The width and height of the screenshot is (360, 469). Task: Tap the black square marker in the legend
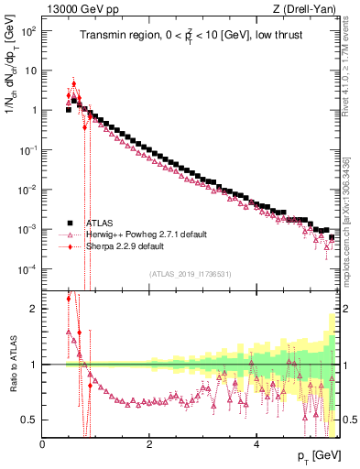click(69, 223)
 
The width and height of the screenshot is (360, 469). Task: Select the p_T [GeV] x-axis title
click(317, 455)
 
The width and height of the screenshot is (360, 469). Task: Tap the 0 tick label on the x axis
click(43, 444)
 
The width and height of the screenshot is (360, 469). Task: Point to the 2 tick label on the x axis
click(149, 444)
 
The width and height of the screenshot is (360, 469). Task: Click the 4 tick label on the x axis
click(256, 444)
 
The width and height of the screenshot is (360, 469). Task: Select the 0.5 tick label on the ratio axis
click(28, 420)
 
